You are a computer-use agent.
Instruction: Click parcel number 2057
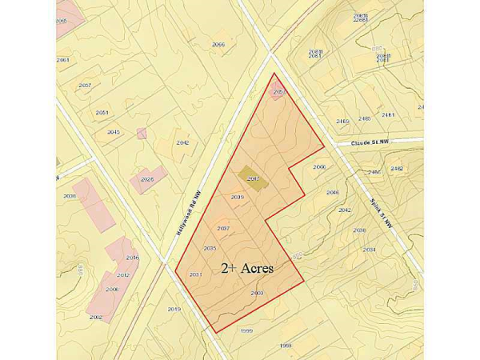[x=85, y=85]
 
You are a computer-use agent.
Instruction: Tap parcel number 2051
[x=102, y=112]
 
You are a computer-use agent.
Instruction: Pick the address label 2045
[x=114, y=132]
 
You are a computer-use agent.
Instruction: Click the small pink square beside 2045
[x=142, y=133]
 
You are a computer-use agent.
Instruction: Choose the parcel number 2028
[x=146, y=179]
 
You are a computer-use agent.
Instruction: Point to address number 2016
[x=133, y=258]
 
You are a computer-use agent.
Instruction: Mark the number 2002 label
[x=96, y=318]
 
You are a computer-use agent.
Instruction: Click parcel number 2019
[x=174, y=309]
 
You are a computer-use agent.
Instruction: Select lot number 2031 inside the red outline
[x=194, y=275]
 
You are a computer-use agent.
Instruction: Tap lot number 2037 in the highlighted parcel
[x=223, y=229]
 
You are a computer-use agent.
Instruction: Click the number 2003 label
[x=257, y=294]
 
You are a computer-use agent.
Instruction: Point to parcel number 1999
[x=246, y=330]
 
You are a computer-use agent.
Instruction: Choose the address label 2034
[x=369, y=250]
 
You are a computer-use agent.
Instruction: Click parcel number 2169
[x=342, y=121]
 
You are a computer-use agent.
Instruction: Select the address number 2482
[x=397, y=168]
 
